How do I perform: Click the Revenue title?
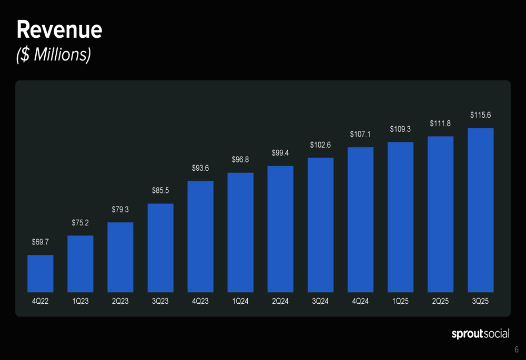click(x=59, y=30)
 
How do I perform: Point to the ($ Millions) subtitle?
click(x=54, y=54)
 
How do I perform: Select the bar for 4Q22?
click(x=41, y=273)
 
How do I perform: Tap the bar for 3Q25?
click(x=481, y=210)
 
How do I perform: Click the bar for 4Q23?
click(x=200, y=236)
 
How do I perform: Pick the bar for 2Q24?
click(x=280, y=229)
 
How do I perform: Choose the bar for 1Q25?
click(x=400, y=217)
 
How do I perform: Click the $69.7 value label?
click(x=41, y=242)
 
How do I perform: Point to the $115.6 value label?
click(x=481, y=115)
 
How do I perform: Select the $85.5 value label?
click(x=160, y=190)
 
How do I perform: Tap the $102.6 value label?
click(x=320, y=145)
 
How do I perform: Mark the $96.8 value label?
click(x=240, y=159)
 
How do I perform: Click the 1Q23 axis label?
click(x=80, y=302)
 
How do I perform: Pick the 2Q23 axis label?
click(x=120, y=302)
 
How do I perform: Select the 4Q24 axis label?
click(x=360, y=302)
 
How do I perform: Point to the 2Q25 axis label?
click(x=440, y=302)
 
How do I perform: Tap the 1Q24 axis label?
click(x=240, y=302)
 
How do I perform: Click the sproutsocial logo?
click(x=480, y=334)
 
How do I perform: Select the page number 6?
click(x=517, y=350)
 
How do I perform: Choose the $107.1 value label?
click(x=361, y=135)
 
